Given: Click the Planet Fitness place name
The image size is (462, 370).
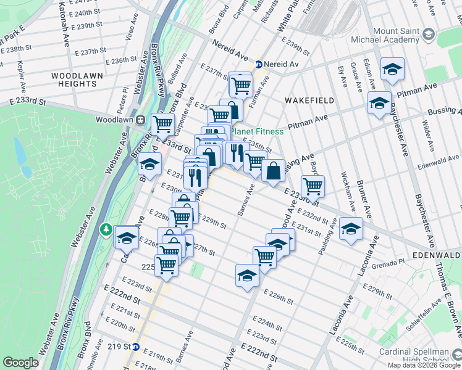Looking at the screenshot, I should coord(258,131).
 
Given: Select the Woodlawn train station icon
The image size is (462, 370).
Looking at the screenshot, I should coord(141,119).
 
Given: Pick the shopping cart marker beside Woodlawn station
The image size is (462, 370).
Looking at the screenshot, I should coord(162,123).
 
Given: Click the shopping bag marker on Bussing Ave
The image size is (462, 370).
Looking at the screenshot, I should coord(273,170).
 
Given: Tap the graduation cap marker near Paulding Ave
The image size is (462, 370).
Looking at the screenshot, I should coord(351,229).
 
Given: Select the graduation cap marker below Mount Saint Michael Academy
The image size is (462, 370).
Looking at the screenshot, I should coord(379,103).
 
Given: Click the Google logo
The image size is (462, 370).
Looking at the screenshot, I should coord(20,363).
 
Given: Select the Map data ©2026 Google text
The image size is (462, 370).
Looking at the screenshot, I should coord(423,365).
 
